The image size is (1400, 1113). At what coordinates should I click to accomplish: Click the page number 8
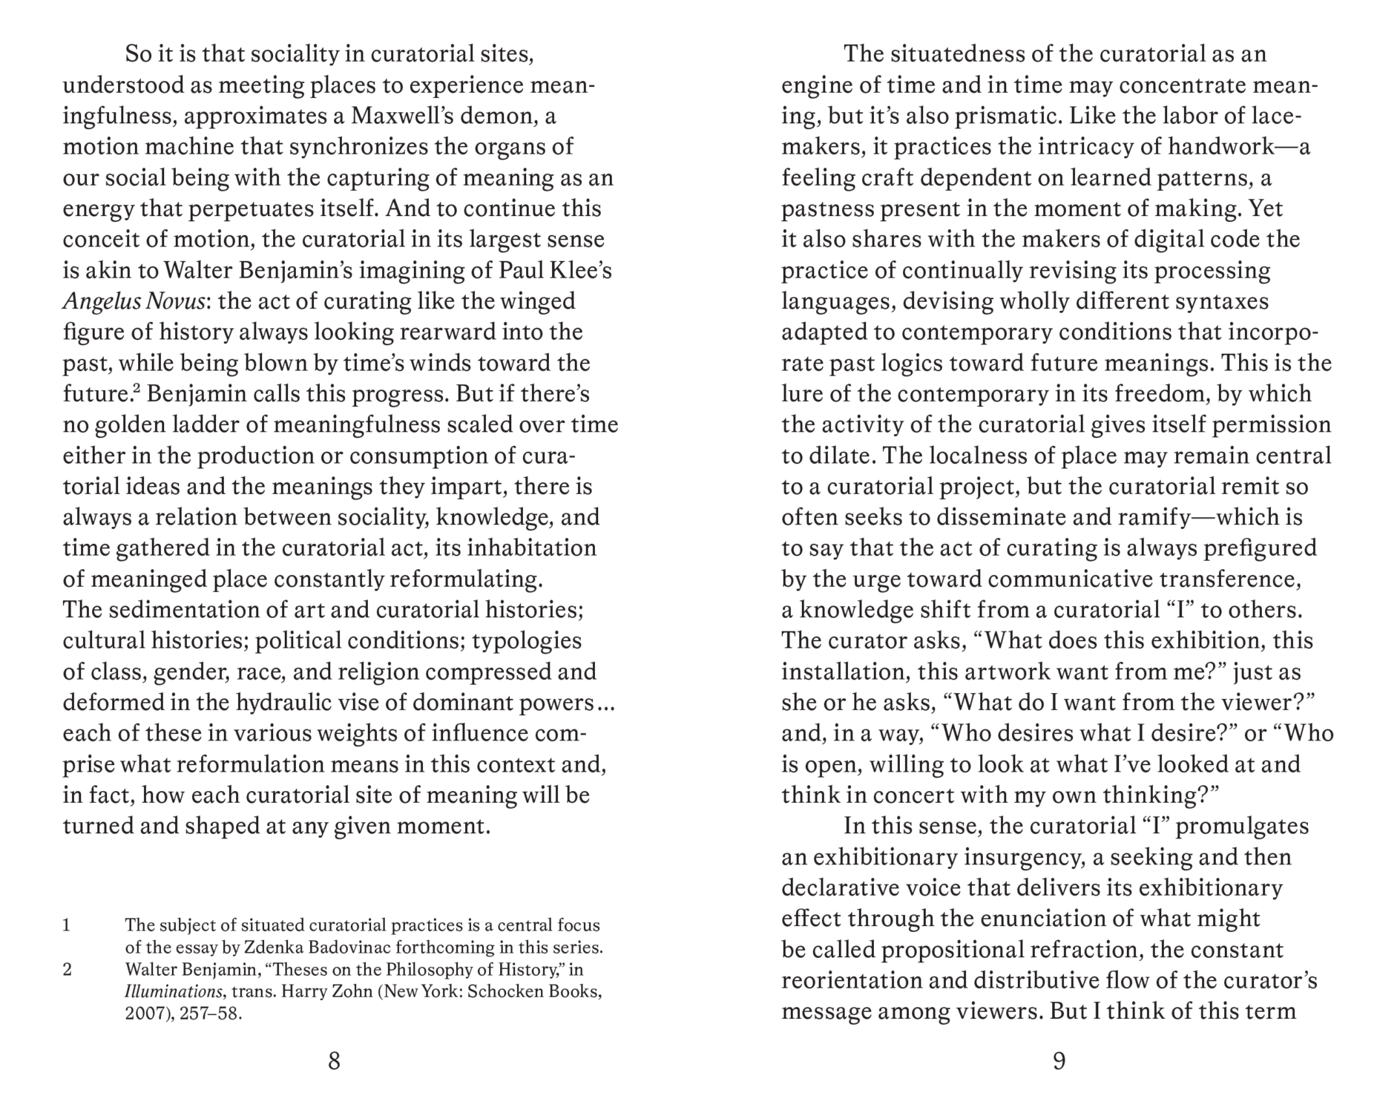334,1062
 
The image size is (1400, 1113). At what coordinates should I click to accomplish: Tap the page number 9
1059,1062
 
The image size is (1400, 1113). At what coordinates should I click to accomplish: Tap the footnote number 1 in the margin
67,925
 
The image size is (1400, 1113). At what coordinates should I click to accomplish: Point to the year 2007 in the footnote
142,1013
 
